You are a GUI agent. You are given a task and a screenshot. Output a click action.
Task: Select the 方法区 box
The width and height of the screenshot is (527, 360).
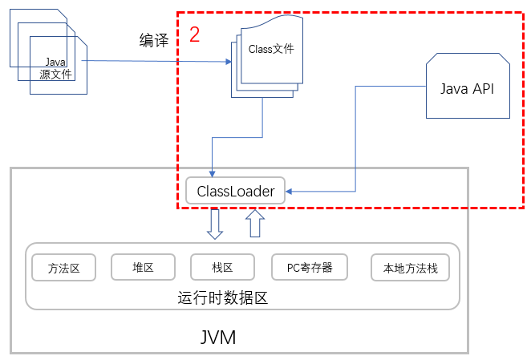(63, 268)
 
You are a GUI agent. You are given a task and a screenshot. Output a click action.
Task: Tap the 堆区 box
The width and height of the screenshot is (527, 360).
(143, 268)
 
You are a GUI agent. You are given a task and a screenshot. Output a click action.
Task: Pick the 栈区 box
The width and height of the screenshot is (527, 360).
(222, 268)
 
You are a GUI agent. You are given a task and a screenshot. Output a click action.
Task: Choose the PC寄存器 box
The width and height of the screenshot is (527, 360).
(309, 268)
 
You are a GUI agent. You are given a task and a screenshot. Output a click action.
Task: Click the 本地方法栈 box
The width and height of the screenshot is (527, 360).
(410, 268)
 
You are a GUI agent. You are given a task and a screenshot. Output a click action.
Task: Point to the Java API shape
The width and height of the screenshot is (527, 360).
(468, 87)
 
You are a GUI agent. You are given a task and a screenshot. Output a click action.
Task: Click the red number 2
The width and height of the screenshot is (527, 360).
(194, 34)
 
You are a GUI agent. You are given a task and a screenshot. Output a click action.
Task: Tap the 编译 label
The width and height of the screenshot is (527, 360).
(154, 41)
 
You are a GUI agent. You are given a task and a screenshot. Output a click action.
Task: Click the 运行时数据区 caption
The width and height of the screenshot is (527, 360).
(221, 297)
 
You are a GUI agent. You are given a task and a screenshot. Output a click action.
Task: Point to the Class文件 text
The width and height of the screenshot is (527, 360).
(271, 49)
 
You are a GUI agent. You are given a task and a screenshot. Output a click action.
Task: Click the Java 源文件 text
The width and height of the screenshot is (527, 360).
(55, 67)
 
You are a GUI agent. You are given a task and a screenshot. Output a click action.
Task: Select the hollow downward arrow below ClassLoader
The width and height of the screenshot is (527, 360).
(214, 224)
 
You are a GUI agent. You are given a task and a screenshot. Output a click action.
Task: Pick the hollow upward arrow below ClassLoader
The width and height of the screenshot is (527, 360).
(254, 223)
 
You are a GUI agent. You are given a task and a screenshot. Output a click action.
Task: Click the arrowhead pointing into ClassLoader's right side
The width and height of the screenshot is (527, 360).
(290, 192)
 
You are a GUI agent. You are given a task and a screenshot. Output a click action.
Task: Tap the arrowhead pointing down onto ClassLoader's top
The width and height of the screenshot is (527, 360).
(212, 173)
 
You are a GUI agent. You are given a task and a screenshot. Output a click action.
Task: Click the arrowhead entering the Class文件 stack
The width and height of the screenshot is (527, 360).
(228, 62)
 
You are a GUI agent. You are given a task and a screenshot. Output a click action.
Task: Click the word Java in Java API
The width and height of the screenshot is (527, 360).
(454, 88)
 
